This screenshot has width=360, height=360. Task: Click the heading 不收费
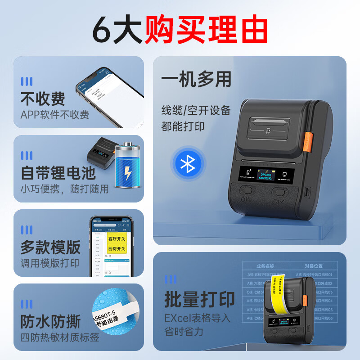43,99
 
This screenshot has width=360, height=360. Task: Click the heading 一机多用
196,80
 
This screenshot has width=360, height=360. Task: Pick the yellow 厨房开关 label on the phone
117,248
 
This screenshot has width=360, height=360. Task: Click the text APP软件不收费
54,115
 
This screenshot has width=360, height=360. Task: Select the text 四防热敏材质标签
60,337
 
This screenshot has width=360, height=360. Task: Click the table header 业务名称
265,266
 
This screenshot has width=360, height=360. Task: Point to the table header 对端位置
314,266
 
